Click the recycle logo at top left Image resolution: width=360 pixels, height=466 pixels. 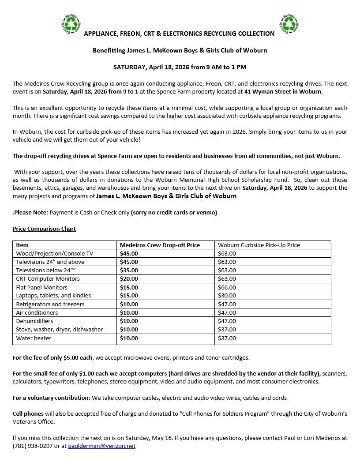coord(71,24)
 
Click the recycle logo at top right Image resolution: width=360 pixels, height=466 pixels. coord(289,24)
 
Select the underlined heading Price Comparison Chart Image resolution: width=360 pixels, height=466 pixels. coord(44,229)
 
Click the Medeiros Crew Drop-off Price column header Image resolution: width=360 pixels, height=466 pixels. coord(160,245)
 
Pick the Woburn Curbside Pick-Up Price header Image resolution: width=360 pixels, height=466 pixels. coord(259,245)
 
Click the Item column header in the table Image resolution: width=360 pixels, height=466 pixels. coord(22,245)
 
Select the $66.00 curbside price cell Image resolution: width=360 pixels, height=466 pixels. coord(227,287)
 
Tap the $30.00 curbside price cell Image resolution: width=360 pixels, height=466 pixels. coord(227,296)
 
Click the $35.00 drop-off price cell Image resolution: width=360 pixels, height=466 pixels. coord(129,270)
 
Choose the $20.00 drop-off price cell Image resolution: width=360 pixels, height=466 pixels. coord(129,279)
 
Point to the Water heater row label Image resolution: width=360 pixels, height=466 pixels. coord(34,338)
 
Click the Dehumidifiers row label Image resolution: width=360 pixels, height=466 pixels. coord(34,321)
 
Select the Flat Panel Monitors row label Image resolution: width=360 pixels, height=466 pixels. coord(41,287)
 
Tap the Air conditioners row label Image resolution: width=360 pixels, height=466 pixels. coord(37,313)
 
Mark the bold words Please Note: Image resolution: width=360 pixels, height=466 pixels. coord(31,213)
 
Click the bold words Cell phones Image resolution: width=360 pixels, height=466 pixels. coord(28,414)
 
